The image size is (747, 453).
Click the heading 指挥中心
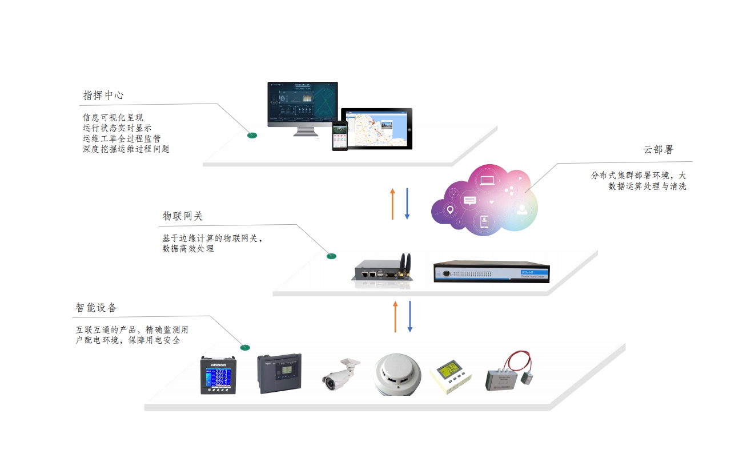pos(103,95)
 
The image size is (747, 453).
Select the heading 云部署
pos(658,150)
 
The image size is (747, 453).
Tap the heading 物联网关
pos(183,216)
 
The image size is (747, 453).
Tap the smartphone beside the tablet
pos(340,136)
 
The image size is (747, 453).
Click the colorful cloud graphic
pos(484,200)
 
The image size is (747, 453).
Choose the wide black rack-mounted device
pos(491,273)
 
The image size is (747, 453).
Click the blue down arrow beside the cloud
pos(407,204)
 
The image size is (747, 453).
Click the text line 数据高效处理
pos(188,249)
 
